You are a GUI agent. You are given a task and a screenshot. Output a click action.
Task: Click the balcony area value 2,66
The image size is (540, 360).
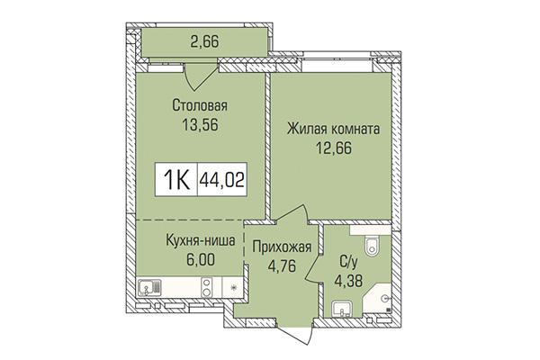[x=202, y=40]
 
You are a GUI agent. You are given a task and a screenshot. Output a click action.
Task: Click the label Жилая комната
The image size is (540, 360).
[x=333, y=130]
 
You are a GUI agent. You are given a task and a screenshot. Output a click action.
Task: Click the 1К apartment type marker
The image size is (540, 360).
[x=176, y=180]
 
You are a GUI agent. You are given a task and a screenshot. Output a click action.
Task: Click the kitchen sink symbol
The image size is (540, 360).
[x=148, y=289]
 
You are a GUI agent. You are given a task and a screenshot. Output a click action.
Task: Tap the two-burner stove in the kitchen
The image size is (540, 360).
[x=206, y=289]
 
